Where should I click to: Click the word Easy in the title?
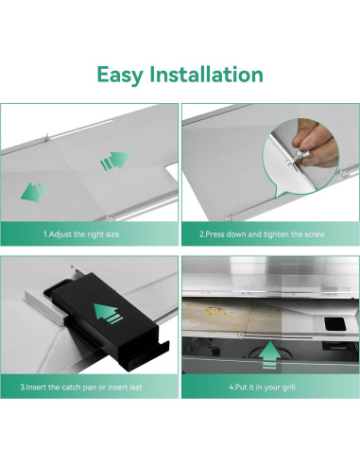click(120, 76)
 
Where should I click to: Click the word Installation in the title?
click(206, 75)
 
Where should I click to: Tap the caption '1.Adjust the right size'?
click(81, 234)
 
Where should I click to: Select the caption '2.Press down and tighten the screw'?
click(262, 234)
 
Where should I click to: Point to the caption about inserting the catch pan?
click(81, 387)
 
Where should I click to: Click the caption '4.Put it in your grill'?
click(262, 387)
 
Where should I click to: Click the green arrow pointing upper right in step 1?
click(115, 161)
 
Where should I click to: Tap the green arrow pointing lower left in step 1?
click(34, 192)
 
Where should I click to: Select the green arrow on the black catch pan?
click(109, 314)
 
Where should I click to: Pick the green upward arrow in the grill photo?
click(269, 355)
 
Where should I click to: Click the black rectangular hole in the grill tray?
click(335, 324)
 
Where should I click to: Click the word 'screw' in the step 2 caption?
click(314, 234)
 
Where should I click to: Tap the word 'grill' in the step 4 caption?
click(289, 387)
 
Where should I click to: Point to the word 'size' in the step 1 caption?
click(112, 234)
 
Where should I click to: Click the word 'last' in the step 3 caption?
click(135, 387)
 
